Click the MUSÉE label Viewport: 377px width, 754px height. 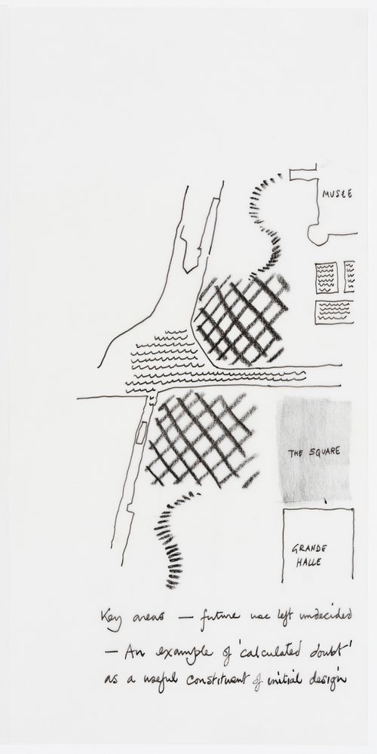(x=337, y=194)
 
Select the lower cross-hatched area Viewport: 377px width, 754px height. (x=200, y=441)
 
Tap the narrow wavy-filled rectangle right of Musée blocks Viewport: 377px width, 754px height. (x=349, y=276)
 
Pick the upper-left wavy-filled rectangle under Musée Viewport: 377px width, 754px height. (x=326, y=277)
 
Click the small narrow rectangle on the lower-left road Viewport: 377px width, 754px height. (x=140, y=432)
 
